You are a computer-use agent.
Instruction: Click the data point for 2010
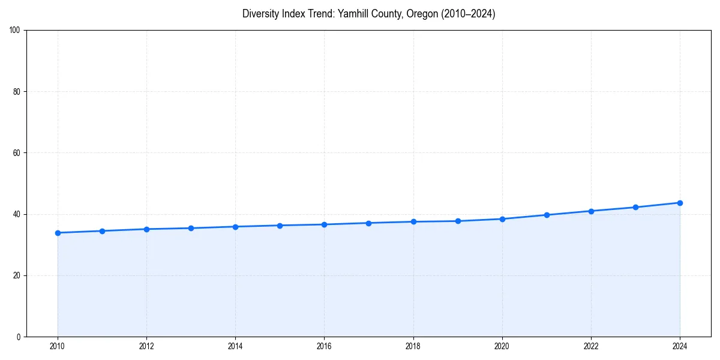pos(58,233)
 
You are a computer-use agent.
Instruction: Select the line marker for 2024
pos(680,203)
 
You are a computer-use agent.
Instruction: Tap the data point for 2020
pos(502,219)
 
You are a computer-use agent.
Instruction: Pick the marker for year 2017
pos(368,223)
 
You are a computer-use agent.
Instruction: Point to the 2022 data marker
pos(591,211)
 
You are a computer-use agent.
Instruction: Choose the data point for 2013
pos(191,228)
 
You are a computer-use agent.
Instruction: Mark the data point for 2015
pos(280,226)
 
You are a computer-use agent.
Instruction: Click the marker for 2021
pos(547,215)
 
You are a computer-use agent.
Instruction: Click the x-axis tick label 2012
pos(146,346)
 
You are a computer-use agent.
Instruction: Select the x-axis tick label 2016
pos(324,346)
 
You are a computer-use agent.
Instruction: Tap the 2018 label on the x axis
pos(413,346)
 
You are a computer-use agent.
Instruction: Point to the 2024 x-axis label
pos(680,346)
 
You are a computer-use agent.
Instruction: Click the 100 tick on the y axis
pos(15,31)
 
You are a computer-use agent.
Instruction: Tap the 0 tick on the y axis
pos(19,337)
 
